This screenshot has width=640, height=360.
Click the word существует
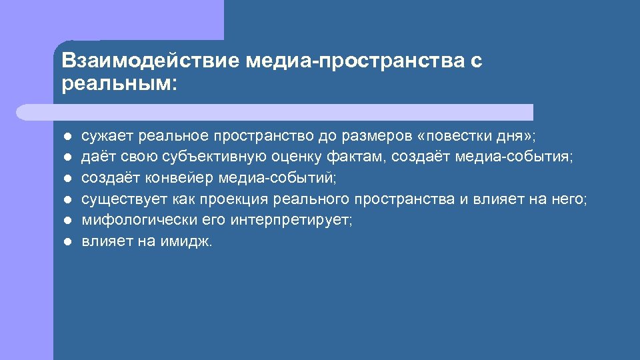click(x=125, y=199)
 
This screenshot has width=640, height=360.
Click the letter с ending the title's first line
click(x=476, y=61)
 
